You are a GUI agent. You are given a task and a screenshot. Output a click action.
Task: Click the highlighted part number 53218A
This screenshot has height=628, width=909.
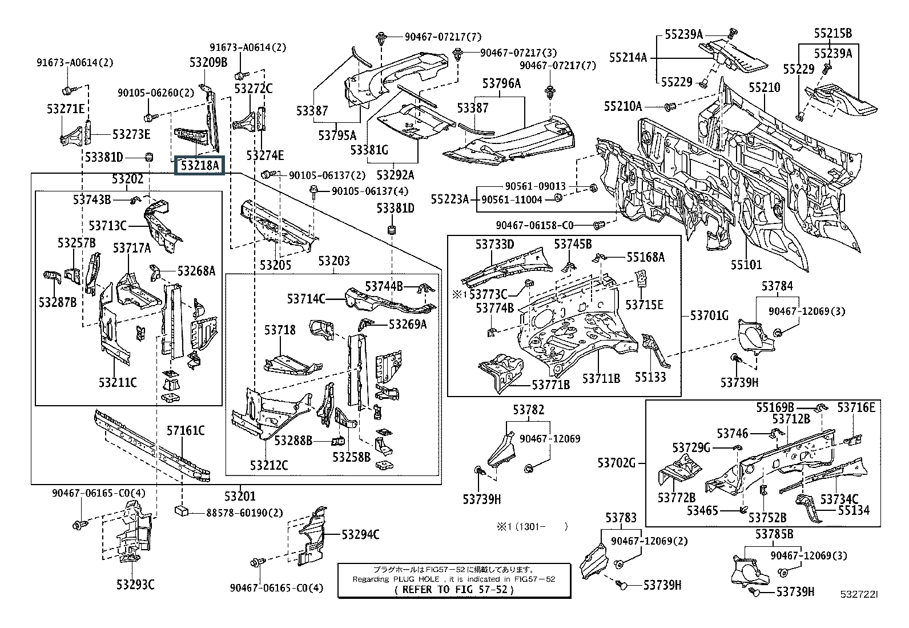pyautogui.click(x=199, y=166)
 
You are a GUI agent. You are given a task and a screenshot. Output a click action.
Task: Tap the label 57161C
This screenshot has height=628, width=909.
pyautogui.click(x=186, y=430)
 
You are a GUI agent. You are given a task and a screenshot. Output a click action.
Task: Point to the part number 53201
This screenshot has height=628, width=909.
pyautogui.click(x=240, y=497)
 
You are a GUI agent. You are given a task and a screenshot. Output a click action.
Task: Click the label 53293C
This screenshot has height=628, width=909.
pyautogui.click(x=135, y=584)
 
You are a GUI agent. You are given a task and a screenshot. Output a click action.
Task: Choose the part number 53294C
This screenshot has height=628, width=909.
pyautogui.click(x=360, y=534)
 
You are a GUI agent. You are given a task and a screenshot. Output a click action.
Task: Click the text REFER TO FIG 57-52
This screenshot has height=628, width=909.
pyautogui.click(x=454, y=590)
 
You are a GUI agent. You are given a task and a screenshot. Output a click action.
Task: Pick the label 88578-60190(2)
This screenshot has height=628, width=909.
pyautogui.click(x=244, y=513)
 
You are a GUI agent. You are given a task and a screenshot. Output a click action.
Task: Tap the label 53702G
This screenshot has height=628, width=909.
pyautogui.click(x=617, y=462)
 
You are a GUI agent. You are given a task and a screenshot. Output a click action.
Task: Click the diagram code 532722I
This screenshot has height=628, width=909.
pyautogui.click(x=858, y=595)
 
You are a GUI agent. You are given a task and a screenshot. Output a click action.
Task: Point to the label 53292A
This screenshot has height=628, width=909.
pyautogui.click(x=395, y=175)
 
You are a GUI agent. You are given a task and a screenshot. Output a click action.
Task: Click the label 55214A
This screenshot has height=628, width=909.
pyautogui.click(x=628, y=57)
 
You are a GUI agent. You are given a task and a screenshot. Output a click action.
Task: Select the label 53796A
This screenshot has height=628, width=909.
pyautogui.click(x=501, y=83)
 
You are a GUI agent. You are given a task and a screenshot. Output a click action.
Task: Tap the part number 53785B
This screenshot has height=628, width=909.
pyautogui.click(x=774, y=534)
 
